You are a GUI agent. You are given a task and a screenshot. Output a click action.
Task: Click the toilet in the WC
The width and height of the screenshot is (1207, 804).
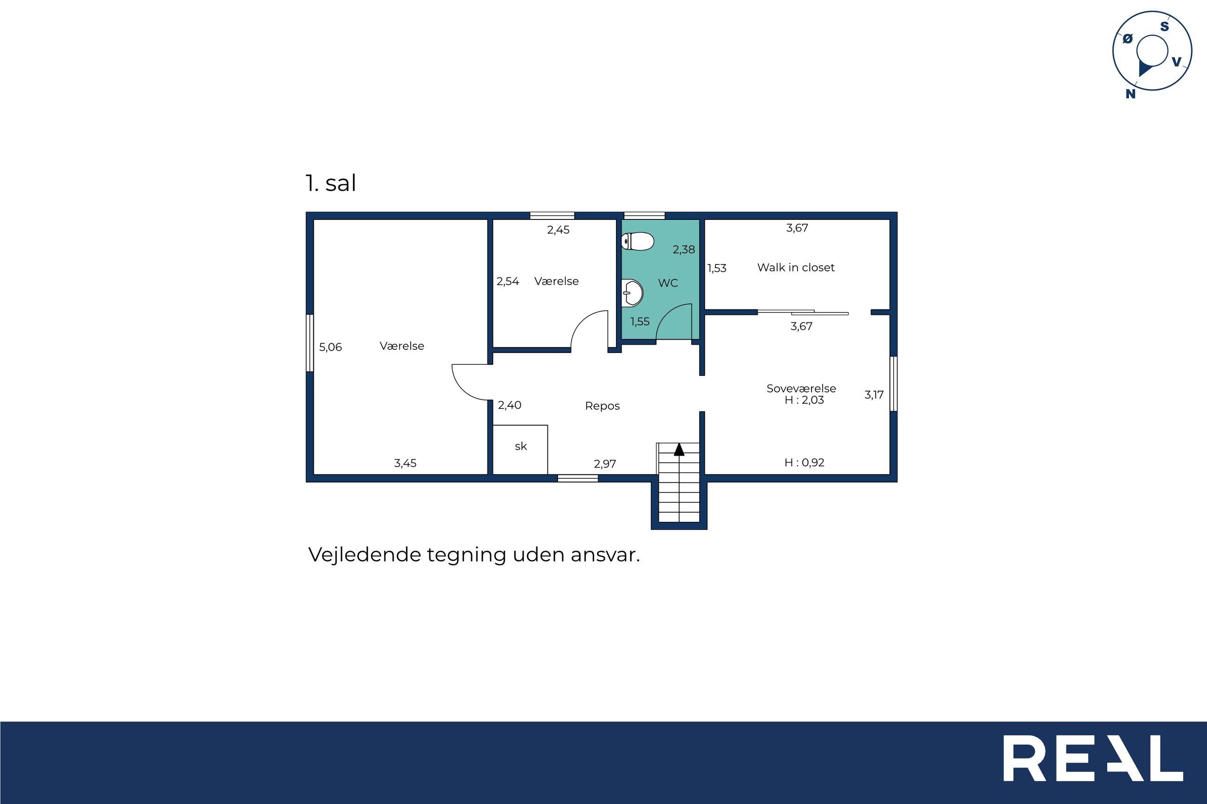(637, 241)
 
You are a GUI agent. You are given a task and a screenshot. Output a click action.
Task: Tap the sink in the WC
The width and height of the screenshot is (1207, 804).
(632, 293)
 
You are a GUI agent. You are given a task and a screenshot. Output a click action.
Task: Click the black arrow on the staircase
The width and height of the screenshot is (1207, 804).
(679, 449)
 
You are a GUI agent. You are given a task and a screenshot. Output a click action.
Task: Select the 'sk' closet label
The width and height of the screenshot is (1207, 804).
(521, 447)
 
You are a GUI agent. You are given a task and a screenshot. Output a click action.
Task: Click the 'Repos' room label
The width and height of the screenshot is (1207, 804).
(602, 406)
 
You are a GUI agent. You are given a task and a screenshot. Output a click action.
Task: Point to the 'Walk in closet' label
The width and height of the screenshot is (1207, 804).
(796, 267)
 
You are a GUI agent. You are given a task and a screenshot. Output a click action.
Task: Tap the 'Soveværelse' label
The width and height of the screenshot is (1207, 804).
(801, 388)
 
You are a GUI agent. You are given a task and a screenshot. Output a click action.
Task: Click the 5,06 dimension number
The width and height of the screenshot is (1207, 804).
(331, 347)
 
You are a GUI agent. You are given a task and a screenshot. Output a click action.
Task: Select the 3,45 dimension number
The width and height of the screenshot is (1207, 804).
(405, 463)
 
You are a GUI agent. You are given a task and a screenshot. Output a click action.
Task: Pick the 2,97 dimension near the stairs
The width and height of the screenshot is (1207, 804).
(605, 463)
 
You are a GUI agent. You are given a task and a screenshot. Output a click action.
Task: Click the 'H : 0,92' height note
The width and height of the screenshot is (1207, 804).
(805, 463)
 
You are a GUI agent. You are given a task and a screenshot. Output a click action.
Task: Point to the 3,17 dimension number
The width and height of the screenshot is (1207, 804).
(874, 395)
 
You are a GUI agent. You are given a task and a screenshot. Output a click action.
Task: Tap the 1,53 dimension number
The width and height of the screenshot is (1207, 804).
(717, 268)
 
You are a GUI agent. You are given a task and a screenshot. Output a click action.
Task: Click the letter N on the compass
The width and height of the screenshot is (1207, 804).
(1130, 94)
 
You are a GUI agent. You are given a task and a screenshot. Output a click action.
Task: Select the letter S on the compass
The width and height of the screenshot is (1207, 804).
(1164, 26)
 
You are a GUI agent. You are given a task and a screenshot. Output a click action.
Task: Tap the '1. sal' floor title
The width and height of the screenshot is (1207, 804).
(331, 183)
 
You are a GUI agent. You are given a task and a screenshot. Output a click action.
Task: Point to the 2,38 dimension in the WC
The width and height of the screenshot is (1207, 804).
(684, 250)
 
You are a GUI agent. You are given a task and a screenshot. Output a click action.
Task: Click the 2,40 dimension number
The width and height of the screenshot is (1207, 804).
(509, 405)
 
